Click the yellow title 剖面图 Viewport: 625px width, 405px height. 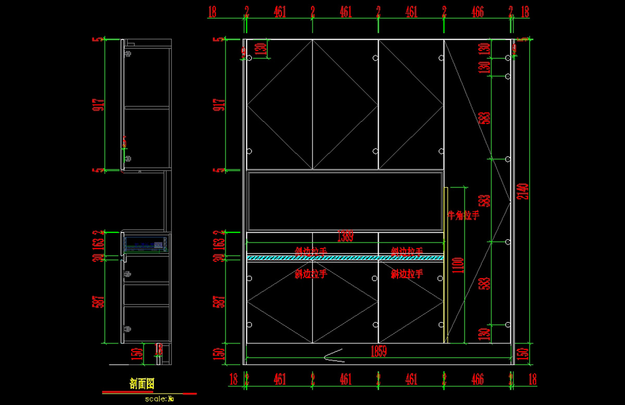pyautogui.click(x=142, y=384)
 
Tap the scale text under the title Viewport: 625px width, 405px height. pyautogui.click(x=159, y=399)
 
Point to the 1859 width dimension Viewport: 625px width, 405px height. pyautogui.click(x=378, y=351)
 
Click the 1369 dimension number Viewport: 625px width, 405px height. pyautogui.click(x=345, y=237)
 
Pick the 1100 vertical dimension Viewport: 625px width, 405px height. pyautogui.click(x=457, y=266)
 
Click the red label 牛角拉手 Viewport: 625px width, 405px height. pyautogui.click(x=463, y=215)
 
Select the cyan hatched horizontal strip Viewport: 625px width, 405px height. pyautogui.click(x=345, y=257)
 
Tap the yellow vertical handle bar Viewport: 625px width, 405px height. pyautogui.click(x=446, y=265)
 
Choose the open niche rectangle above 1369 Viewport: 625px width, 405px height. pyautogui.click(x=345, y=201)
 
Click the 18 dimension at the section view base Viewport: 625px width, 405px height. pyautogui.click(x=159, y=349)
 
